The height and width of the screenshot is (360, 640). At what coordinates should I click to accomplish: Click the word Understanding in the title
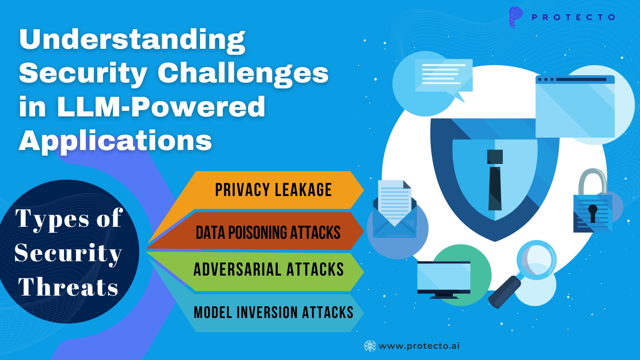coord(132,40)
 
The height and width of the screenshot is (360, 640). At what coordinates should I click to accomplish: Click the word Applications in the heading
coord(115,141)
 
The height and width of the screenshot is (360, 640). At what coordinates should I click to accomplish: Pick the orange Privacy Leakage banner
coord(273,190)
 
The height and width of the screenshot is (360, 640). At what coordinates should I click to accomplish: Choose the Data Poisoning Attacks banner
coord(268,232)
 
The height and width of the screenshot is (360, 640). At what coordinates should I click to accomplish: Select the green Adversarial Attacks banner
coord(268,270)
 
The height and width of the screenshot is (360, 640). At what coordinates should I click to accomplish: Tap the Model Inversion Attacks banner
coord(273,312)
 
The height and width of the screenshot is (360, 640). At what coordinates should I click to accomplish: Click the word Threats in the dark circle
coord(68,287)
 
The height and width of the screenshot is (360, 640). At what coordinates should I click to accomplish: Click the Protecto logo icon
coord(516,17)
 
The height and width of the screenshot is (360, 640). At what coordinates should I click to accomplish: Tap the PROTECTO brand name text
coord(573,17)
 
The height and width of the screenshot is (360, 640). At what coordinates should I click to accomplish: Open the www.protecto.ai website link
coord(419,346)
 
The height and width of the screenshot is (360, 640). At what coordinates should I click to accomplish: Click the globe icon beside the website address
coord(370,346)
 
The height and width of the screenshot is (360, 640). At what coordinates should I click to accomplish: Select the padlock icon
coord(592,204)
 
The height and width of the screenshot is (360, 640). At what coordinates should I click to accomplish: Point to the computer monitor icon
coord(444,279)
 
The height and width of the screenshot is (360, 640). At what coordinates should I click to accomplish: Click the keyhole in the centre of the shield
coord(495,180)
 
